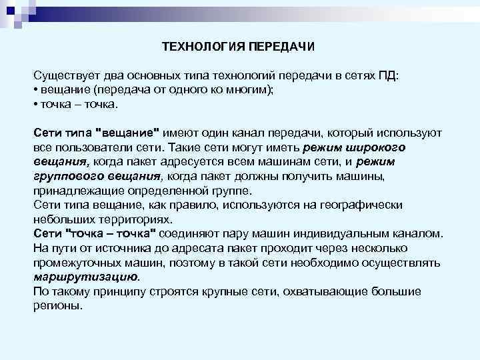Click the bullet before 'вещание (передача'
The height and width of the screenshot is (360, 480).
pyautogui.click(x=35, y=91)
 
